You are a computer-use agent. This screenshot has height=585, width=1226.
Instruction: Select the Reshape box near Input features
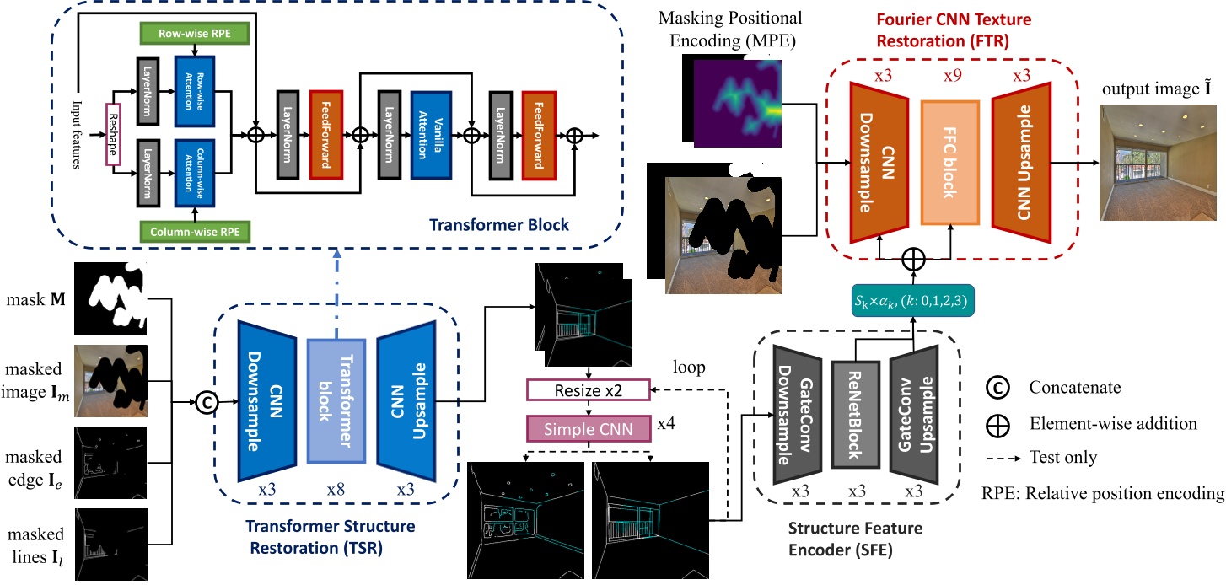point(110,131)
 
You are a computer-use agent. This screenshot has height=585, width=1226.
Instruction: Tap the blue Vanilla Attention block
point(432,133)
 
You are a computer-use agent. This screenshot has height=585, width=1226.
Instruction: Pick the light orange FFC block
point(950,163)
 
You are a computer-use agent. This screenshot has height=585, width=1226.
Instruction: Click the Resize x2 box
point(589,390)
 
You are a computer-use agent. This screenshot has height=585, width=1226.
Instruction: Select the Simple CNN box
point(589,428)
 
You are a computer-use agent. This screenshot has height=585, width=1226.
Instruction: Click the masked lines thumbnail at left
point(113,545)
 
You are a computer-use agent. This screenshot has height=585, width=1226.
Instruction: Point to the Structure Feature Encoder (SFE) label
point(854,538)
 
